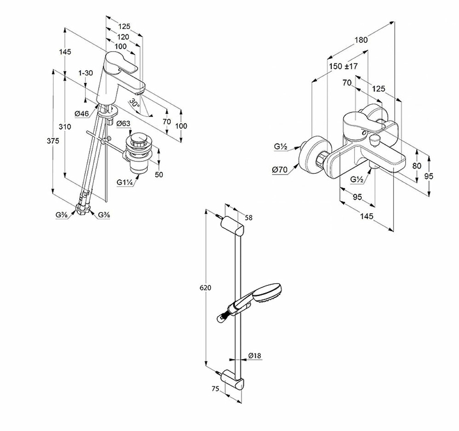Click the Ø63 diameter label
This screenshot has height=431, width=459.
click(123, 124)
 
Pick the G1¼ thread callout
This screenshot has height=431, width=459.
click(124, 183)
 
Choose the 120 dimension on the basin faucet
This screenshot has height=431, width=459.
click(122, 37)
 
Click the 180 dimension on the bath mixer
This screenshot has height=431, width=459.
click(361, 40)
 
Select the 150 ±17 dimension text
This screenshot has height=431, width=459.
click(343, 67)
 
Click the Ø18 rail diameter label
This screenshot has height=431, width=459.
click(254, 356)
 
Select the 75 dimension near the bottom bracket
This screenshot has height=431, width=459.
click(214, 388)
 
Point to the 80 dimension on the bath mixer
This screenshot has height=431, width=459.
click(416, 166)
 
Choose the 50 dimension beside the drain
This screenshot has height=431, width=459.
click(159, 175)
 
